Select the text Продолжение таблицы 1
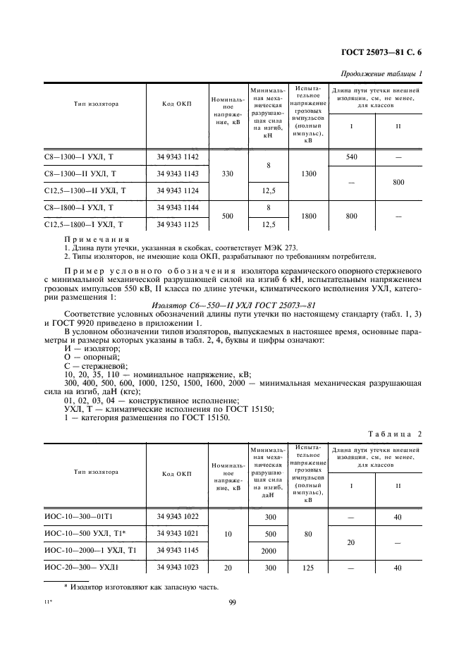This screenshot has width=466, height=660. click(x=381, y=74)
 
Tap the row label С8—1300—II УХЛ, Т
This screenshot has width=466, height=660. click(x=80, y=173)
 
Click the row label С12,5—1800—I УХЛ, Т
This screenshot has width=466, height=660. click(x=84, y=224)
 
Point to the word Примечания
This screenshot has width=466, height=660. click(x=92, y=240)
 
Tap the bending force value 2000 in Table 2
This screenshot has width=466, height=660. click(x=268, y=551)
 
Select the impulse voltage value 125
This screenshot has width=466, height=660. click(x=305, y=568)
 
